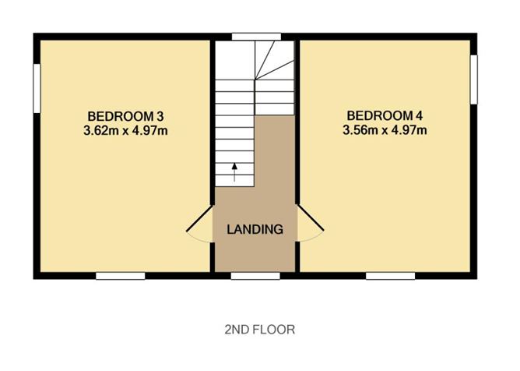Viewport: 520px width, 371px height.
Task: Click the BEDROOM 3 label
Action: pos(125,117)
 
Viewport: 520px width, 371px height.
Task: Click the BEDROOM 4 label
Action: pos(385,116)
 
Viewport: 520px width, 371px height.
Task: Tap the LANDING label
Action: pos(255,229)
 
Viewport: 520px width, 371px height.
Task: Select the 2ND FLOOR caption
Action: pos(260,330)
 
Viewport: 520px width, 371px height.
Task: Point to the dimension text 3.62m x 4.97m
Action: pos(125,130)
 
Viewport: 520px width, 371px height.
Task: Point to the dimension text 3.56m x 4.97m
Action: pos(385,130)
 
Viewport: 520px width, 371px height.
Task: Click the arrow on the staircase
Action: pos(234,172)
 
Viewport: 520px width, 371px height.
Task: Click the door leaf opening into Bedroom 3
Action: pos(199,219)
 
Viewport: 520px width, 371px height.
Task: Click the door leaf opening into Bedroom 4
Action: pos(311,218)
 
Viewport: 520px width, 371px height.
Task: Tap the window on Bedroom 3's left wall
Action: pos(37,88)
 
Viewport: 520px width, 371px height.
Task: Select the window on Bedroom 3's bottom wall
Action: pos(121,276)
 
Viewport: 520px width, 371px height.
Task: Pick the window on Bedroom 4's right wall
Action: pos(474,79)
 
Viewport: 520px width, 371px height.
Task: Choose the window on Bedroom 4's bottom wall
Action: pos(390,276)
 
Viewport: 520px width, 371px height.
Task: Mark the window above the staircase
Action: pos(256,37)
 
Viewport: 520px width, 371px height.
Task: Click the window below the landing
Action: pos(255,276)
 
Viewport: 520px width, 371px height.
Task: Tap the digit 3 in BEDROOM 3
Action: pos(160,117)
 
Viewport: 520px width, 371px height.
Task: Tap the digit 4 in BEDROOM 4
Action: pos(419,116)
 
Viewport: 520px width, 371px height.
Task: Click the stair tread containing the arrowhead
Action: pos(234,168)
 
